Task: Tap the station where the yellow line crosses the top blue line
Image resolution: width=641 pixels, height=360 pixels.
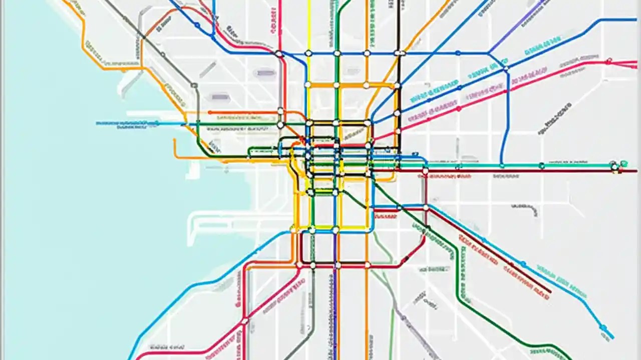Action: click(308, 53)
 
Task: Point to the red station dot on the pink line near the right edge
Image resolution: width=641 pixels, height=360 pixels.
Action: click(608, 61)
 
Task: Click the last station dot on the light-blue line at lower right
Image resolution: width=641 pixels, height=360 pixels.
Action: click(603, 328)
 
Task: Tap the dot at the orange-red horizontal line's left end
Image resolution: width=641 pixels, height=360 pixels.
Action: click(210, 112)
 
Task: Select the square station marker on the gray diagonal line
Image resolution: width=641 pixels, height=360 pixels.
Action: click(194, 85)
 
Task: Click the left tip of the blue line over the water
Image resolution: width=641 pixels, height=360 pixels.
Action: click(97, 122)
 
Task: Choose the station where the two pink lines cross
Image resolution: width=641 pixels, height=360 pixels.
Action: click(245, 320)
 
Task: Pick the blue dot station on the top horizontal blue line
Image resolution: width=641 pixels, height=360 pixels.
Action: click(458, 53)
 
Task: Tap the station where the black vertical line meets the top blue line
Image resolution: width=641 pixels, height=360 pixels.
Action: click(398, 53)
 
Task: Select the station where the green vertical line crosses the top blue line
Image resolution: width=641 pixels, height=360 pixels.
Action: click(337, 53)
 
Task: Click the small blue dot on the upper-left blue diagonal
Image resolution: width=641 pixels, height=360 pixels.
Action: click(197, 24)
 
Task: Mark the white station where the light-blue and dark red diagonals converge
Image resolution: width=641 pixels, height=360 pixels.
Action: click(426, 207)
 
